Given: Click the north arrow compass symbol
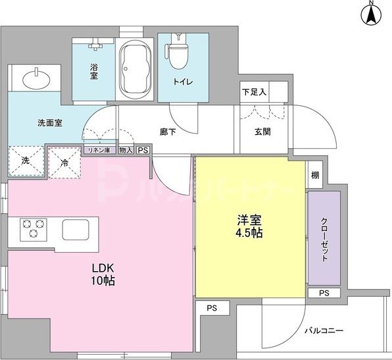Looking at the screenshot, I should click(x=371, y=14).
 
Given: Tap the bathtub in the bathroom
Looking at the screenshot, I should click(x=136, y=66).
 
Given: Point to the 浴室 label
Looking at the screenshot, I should click(x=96, y=70).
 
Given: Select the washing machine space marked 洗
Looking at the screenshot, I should click(x=24, y=160).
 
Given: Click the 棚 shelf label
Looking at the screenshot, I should click(x=316, y=174).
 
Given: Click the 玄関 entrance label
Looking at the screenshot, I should click(x=263, y=131).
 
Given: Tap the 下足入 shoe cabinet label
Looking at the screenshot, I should click(x=254, y=92).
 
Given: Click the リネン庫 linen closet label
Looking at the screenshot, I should click(x=99, y=150).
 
